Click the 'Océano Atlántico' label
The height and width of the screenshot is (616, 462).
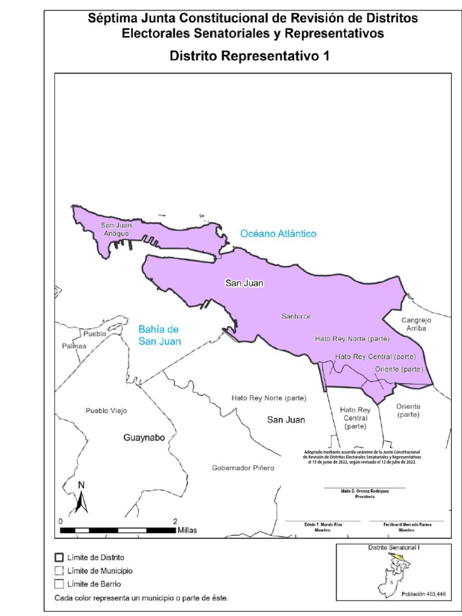coord(278,233)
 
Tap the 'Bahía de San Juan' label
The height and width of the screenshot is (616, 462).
coord(159,335)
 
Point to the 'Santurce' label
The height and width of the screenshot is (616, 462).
coord(296,316)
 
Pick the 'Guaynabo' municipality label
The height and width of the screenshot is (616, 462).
coord(144,437)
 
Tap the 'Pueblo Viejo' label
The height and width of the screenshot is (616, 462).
coord(106,411)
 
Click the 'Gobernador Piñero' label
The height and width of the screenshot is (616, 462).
coord(243,468)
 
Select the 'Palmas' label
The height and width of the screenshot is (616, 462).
coord(74,346)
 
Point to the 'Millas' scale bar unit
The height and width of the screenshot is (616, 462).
coord(186,531)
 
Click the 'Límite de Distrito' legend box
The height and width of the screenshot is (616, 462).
coord(58,558)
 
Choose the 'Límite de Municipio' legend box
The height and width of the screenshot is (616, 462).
coord(58,570)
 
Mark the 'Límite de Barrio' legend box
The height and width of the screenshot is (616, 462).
coord(58,584)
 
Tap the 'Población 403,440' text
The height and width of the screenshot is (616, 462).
coord(423,594)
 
